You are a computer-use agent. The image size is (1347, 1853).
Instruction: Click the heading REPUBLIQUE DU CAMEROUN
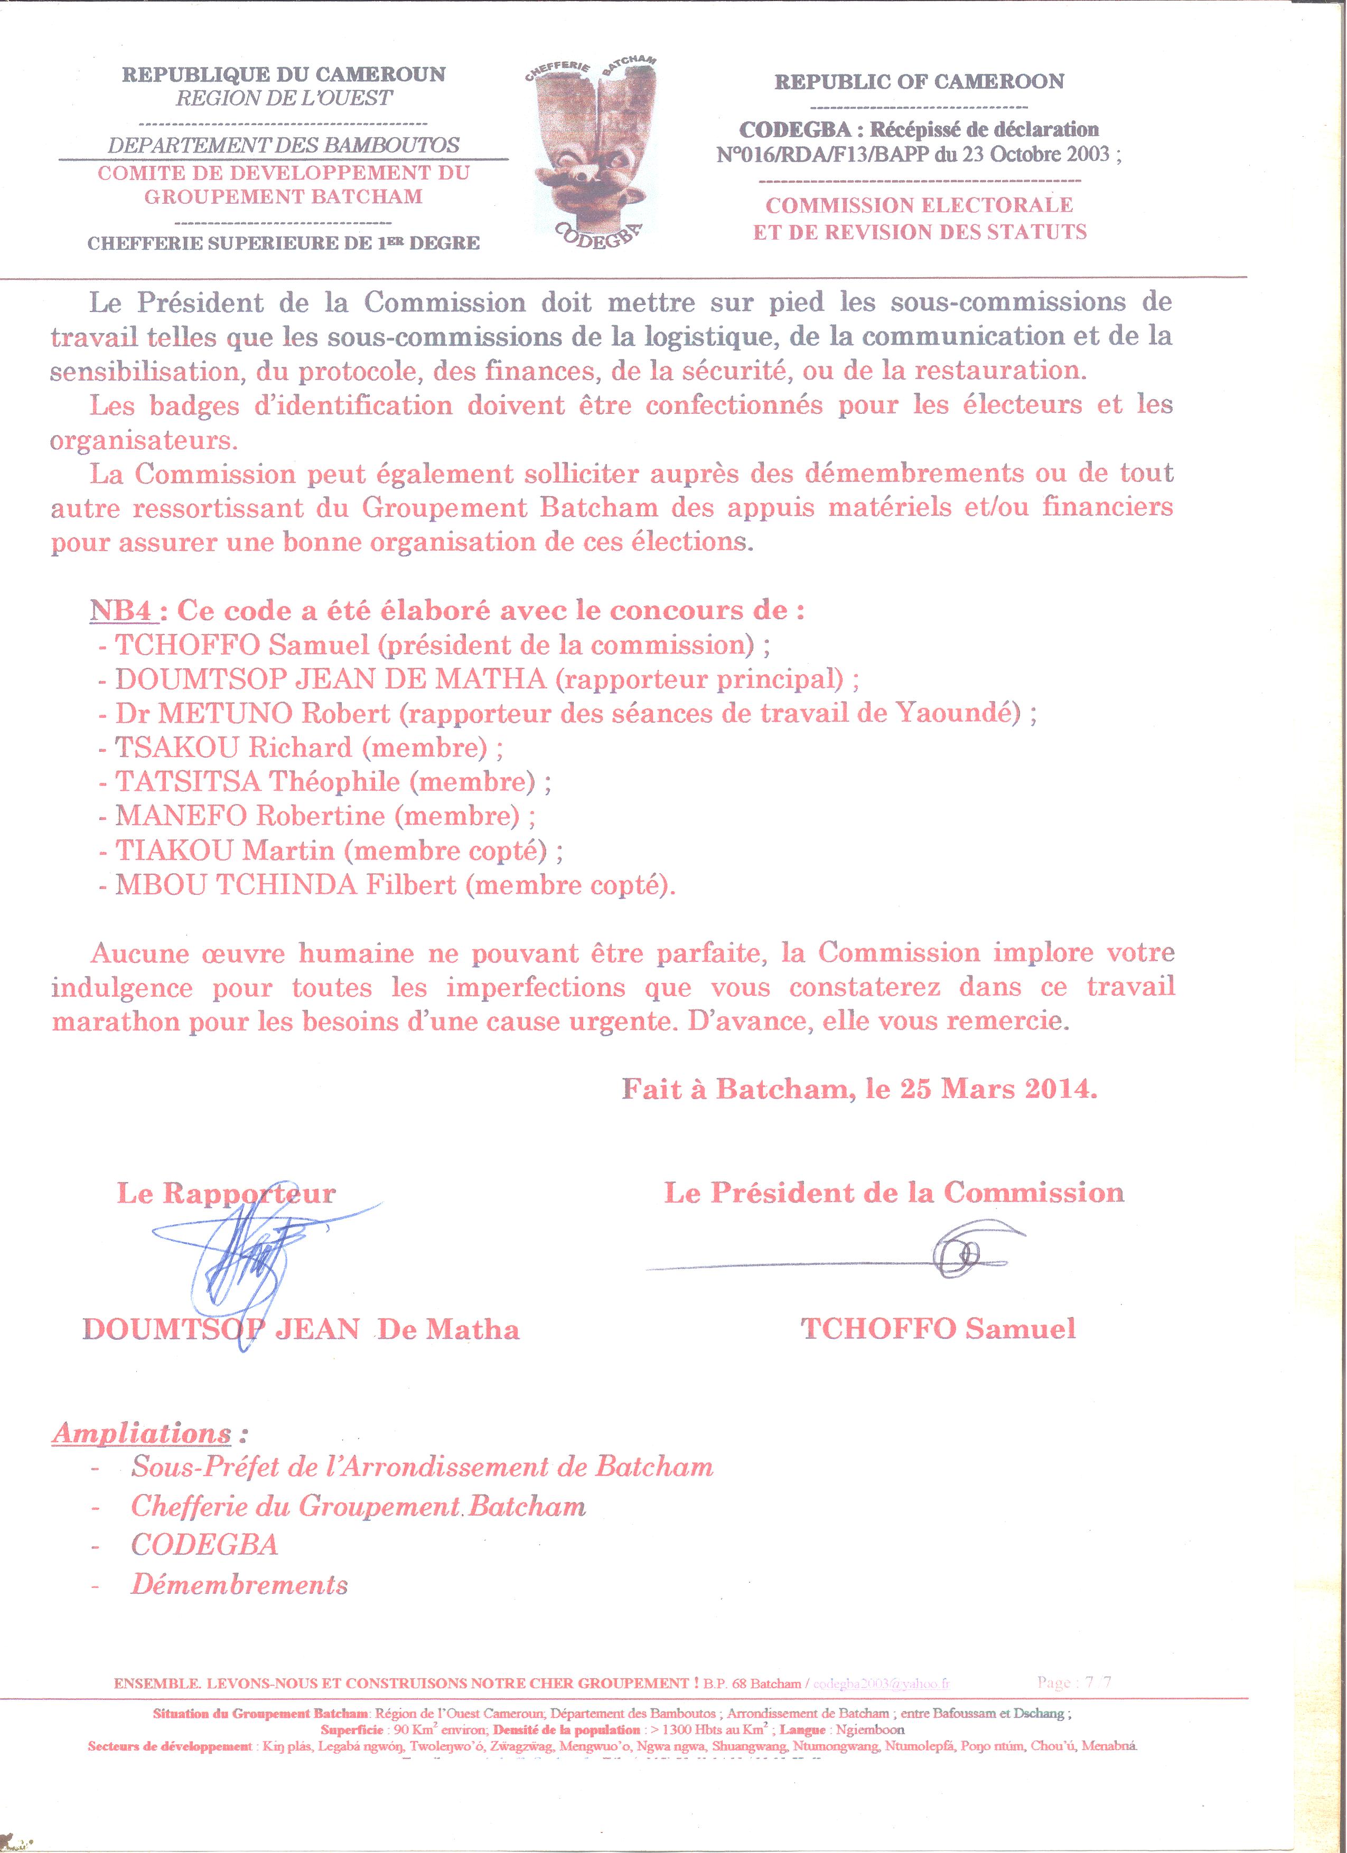click(x=284, y=74)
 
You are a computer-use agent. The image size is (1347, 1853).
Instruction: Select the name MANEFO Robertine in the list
click(x=250, y=816)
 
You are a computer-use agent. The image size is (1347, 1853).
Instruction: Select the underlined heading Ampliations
click(x=142, y=1434)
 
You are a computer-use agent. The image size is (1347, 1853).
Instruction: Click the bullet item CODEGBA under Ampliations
click(x=204, y=1545)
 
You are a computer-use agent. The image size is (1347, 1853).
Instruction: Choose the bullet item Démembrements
click(x=239, y=1585)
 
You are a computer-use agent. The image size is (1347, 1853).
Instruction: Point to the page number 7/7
click(x=1097, y=1682)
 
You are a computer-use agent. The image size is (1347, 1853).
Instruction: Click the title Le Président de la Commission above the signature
click(x=893, y=1193)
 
